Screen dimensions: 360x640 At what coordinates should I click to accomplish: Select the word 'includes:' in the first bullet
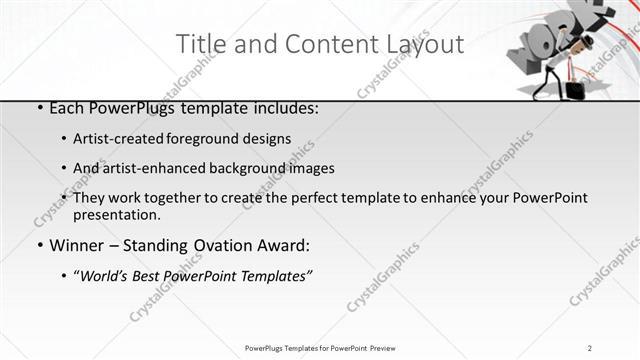[283, 108]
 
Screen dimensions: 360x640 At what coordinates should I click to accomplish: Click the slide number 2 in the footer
[591, 347]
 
